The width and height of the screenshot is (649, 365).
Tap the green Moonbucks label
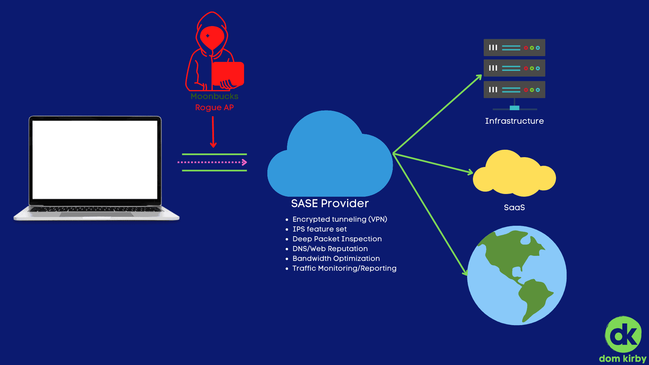pos(214,96)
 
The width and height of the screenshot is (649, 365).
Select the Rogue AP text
pos(214,107)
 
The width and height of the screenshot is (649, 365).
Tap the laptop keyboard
pos(96,210)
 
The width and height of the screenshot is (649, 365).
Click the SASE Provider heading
pos(330,203)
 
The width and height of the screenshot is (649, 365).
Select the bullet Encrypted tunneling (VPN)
pos(339,219)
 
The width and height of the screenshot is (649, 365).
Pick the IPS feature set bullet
pos(319,229)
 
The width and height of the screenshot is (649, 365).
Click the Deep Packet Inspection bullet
pos(337,239)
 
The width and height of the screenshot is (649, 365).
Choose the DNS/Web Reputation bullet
pos(330,249)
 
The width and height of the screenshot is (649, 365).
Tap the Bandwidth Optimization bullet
pos(336,259)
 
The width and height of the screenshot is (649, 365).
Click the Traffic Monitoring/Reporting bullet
pos(344,268)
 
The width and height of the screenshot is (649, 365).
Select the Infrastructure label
pos(514,121)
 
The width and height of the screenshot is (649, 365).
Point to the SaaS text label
pos(514,208)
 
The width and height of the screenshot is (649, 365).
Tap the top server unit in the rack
pos(514,48)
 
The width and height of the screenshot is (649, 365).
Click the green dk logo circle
pos(623,335)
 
